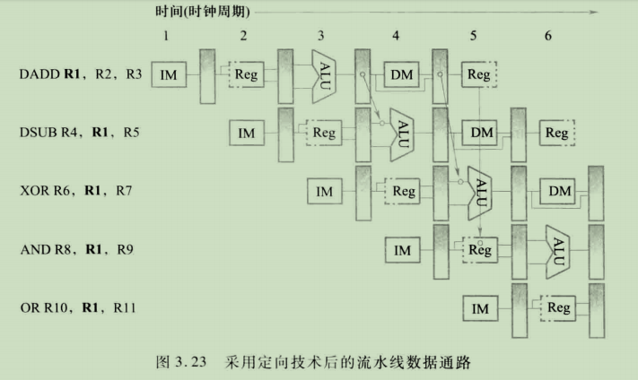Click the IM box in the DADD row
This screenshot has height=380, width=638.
click(168, 74)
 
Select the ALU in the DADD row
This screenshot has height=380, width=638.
click(324, 73)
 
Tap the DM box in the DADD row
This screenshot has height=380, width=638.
click(401, 74)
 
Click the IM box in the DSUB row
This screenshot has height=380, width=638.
click(247, 134)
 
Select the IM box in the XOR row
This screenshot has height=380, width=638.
click(325, 191)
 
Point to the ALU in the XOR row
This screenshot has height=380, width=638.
click(480, 190)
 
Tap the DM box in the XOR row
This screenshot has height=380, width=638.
click(558, 191)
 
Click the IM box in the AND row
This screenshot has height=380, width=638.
click(402, 250)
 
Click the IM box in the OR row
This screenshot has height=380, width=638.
click(480, 308)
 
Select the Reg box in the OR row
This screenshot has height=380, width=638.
click(558, 308)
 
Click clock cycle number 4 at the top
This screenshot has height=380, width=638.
click(396, 36)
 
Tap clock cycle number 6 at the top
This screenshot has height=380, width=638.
click(547, 36)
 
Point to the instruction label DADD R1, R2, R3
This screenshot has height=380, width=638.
click(81, 74)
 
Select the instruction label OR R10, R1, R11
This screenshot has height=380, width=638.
click(80, 308)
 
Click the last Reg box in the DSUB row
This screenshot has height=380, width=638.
click(557, 133)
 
